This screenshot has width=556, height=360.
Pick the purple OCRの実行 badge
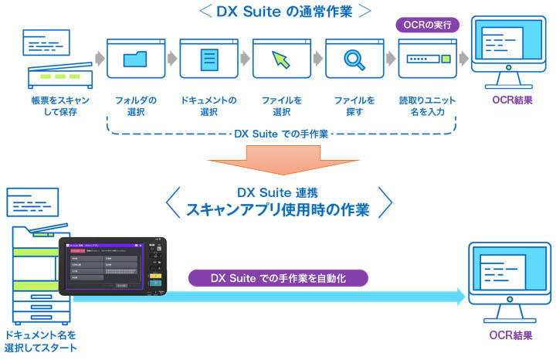(428, 25)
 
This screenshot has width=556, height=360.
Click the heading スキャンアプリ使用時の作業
(278, 209)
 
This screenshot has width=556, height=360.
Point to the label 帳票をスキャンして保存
(55, 107)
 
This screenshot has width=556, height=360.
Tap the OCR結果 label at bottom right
(510, 335)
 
